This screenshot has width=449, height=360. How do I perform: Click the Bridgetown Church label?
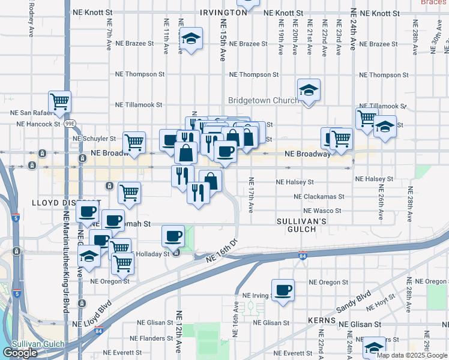263,100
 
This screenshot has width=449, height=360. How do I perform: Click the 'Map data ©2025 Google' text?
412,355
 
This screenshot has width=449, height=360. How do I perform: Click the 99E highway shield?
70,124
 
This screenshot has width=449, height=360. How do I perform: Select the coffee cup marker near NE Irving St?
283,290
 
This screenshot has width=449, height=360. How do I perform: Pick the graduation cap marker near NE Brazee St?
191,40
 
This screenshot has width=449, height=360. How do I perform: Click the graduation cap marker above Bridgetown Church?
309,91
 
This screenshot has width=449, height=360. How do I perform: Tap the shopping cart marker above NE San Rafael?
59,102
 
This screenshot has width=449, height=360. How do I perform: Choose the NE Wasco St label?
322,211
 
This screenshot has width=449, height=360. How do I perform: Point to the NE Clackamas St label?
319,196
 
